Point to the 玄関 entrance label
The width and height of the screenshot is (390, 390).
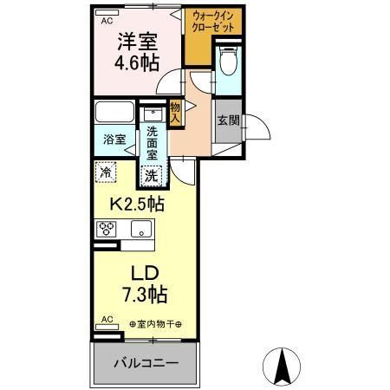tap(228, 120)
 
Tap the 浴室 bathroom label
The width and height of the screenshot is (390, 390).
tap(114, 139)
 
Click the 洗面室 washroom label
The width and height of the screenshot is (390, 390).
tap(153, 141)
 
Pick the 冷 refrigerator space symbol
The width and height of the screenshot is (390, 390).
tap(106, 172)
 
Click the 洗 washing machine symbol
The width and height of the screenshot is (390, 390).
tap(153, 173)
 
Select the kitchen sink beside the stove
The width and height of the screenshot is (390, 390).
tap(140, 230)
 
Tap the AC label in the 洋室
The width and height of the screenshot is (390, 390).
tap(107, 20)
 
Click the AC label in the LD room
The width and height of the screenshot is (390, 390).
tap(107, 319)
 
